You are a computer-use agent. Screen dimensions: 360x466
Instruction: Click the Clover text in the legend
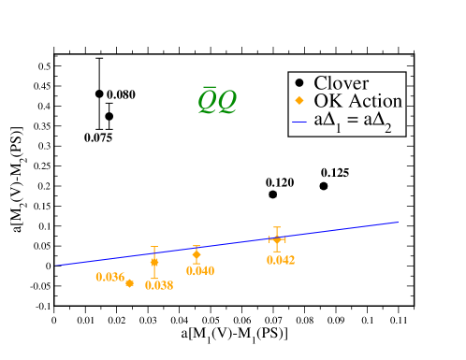coord(341,82)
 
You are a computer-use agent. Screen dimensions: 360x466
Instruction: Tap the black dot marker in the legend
coord(299,82)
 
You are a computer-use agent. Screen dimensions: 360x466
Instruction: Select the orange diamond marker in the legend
coord(299,101)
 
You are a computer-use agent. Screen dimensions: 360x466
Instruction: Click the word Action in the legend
coord(372,101)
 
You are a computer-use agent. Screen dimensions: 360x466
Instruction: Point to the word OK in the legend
coord(327,101)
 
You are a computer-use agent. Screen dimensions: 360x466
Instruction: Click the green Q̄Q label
coord(216,101)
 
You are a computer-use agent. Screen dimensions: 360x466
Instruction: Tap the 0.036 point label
coord(109,277)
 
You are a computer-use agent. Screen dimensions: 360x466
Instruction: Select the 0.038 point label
coord(158,286)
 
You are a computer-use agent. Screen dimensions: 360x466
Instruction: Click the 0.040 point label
coord(199,271)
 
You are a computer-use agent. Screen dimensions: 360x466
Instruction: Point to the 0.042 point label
coord(280,260)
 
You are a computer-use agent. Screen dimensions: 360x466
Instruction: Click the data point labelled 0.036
coord(129,283)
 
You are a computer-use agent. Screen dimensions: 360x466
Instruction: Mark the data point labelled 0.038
coord(154,262)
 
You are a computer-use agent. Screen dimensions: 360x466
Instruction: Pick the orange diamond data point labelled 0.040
coord(197,254)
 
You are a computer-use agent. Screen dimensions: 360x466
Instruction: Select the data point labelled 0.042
coord(276,239)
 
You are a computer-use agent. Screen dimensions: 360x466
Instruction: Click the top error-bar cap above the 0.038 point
coord(154,247)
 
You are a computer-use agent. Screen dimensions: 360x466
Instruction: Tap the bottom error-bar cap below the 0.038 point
coord(154,278)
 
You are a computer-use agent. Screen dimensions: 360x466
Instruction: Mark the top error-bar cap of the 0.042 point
coord(276,227)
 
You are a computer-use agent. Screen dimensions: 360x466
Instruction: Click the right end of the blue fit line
coord(399,223)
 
